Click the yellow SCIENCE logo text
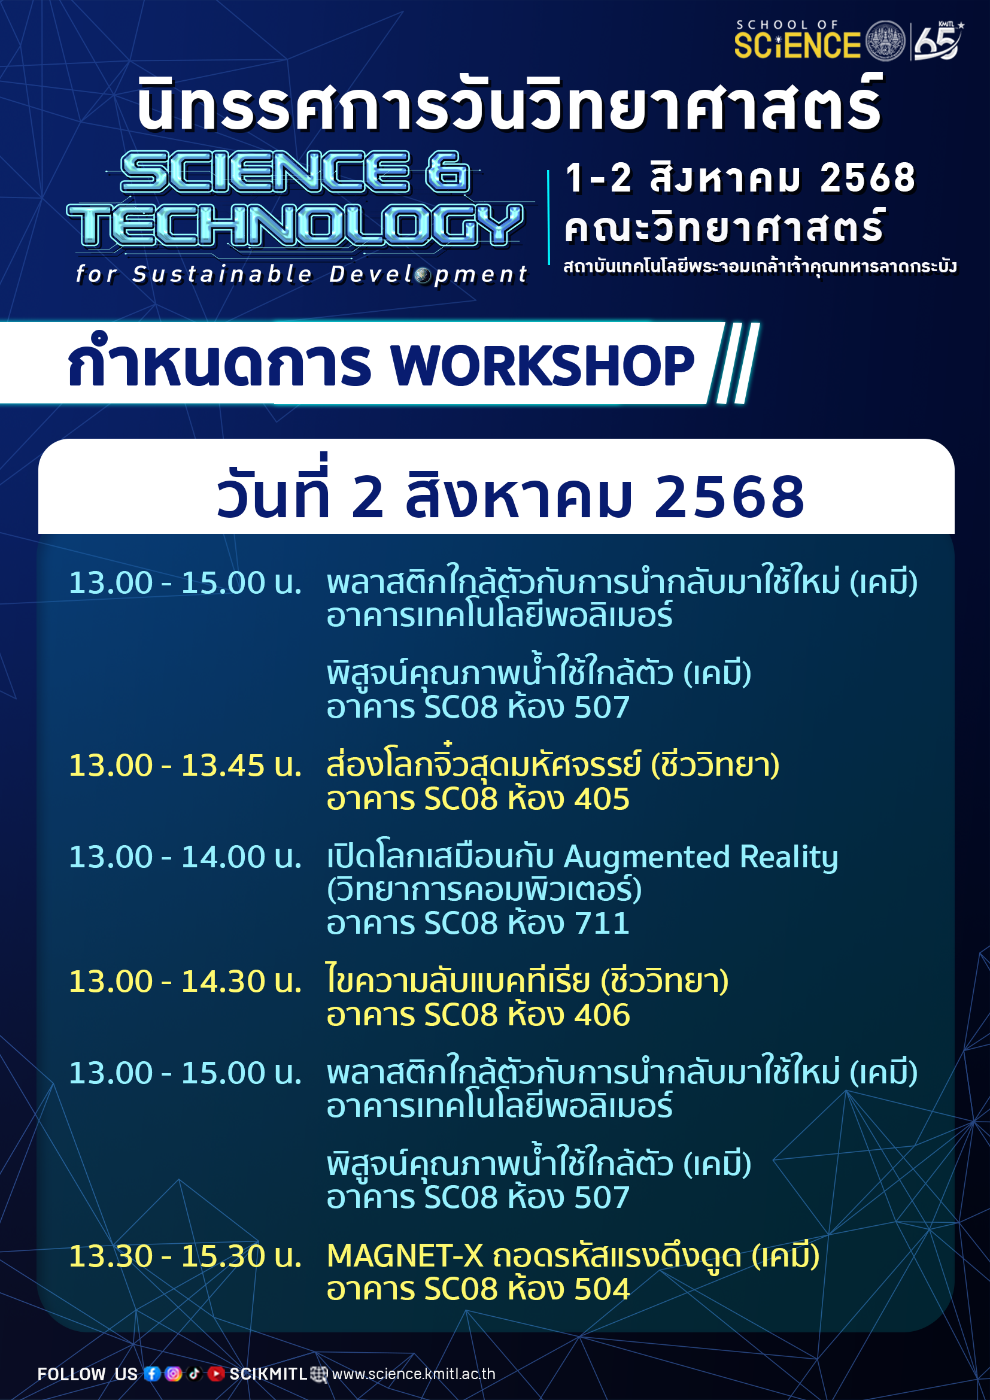[x=797, y=45]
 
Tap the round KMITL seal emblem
[x=885, y=41]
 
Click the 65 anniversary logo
[x=937, y=40]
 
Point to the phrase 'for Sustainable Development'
[x=302, y=274]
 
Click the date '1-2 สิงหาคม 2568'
[x=740, y=178]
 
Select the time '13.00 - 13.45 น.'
[x=186, y=766]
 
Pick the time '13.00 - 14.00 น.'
[x=186, y=857]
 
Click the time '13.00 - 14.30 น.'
[x=186, y=981]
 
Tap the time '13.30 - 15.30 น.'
[x=186, y=1256]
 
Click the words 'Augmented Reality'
[x=701, y=858]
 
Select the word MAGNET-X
[x=405, y=1256]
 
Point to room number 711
[x=602, y=923]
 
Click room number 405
[x=602, y=799]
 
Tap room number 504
[x=602, y=1289]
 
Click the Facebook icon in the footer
[x=153, y=1373]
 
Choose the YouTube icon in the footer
[x=216, y=1373]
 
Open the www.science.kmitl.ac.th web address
[x=414, y=1374]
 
